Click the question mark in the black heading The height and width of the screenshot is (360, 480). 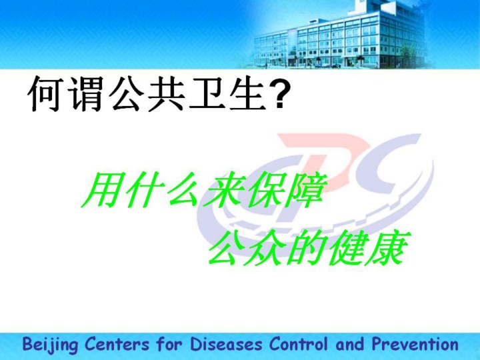(x=281, y=93)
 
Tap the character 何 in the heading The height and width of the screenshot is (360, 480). (x=45, y=94)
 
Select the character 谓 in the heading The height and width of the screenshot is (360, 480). (x=85, y=94)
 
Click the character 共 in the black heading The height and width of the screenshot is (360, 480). (x=165, y=94)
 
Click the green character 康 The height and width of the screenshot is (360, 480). (x=389, y=247)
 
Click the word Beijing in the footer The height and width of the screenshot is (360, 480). (x=50, y=345)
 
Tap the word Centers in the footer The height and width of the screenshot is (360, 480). (x=117, y=344)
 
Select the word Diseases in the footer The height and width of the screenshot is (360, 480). (x=226, y=344)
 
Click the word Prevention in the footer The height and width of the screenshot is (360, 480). (x=415, y=344)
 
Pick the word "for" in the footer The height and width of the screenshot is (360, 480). (x=169, y=343)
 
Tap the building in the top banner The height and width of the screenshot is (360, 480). (x=340, y=37)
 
